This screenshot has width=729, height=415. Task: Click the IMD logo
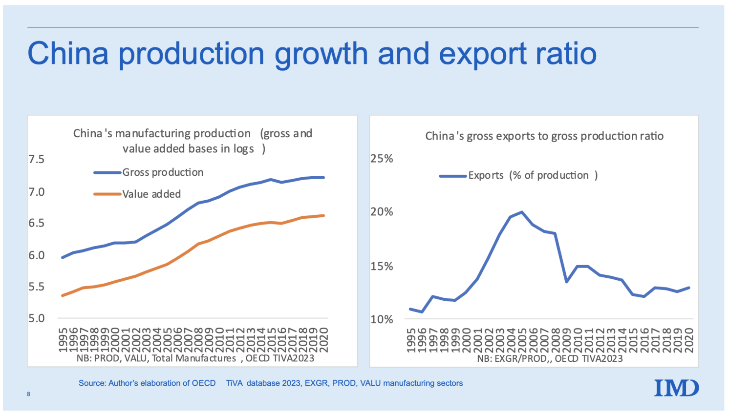[x=676, y=388]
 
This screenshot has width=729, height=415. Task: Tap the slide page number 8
[x=28, y=394]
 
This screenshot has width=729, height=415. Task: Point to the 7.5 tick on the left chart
[x=36, y=159]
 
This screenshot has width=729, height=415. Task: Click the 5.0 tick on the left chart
[x=36, y=318]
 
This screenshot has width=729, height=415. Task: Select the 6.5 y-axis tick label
[x=36, y=223]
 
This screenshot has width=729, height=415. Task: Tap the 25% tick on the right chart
[x=382, y=159]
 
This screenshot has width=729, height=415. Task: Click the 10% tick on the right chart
[x=382, y=319]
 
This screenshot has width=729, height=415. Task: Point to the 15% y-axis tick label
[x=382, y=266]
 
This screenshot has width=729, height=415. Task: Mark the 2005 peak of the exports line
[x=522, y=212]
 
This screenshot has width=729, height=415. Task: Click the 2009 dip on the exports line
[x=566, y=282]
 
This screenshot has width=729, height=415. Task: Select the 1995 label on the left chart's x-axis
[x=63, y=340]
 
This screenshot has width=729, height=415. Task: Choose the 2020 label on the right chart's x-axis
[x=689, y=340]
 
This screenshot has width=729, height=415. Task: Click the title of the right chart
[x=544, y=136]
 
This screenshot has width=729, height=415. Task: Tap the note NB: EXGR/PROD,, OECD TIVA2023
[x=550, y=359]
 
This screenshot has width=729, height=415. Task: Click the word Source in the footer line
[x=91, y=383]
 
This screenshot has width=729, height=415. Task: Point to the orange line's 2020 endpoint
[x=323, y=215]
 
